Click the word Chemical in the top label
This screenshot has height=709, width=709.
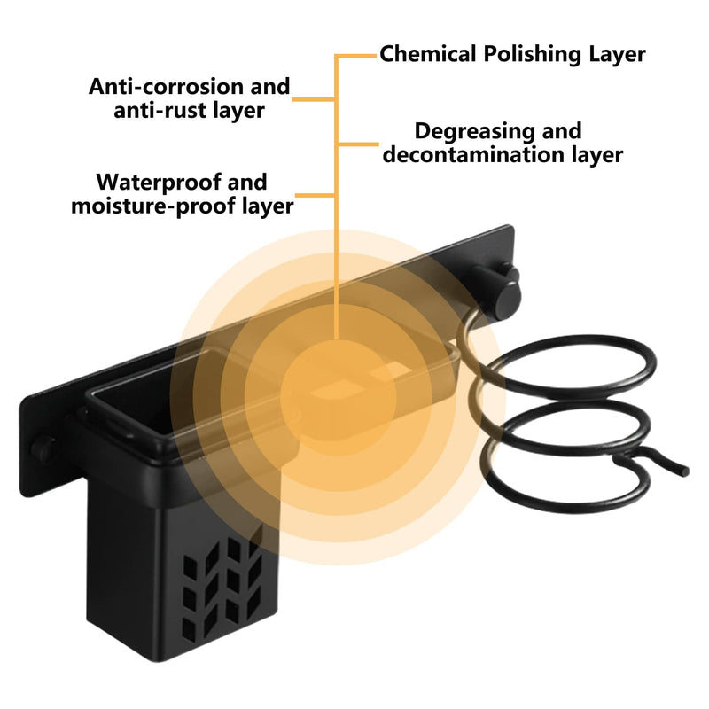[428, 54]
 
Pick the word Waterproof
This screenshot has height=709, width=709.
[159, 183]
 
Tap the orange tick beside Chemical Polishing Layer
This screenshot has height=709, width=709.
[356, 56]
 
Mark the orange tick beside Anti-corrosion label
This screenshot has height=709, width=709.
[314, 99]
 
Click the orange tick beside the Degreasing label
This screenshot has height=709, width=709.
[358, 144]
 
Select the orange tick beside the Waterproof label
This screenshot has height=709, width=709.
[316, 195]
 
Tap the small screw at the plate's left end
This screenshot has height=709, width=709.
[43, 447]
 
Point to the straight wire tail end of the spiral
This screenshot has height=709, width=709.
[684, 471]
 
